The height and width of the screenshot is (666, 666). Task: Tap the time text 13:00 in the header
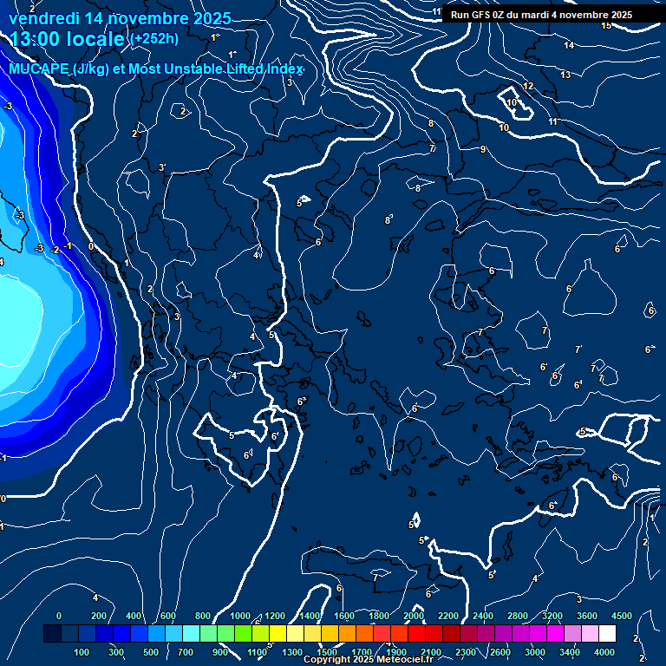click(40, 40)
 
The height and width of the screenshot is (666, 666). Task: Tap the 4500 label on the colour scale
click(621, 616)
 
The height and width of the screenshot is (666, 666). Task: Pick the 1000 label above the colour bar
click(239, 616)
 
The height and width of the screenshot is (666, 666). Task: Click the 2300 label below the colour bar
click(465, 652)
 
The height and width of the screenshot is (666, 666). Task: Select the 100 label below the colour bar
click(82, 652)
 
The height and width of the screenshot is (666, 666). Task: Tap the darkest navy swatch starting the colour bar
click(52, 634)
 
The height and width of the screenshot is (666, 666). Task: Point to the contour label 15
click(606, 25)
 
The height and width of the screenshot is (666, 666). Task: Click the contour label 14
click(569, 45)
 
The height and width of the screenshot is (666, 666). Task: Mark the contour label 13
click(565, 75)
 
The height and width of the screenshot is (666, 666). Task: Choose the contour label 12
click(528, 87)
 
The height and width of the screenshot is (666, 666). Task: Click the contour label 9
click(483, 150)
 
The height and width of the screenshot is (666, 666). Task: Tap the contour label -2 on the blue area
click(54, 249)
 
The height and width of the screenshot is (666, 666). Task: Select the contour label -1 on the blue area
click(69, 246)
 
